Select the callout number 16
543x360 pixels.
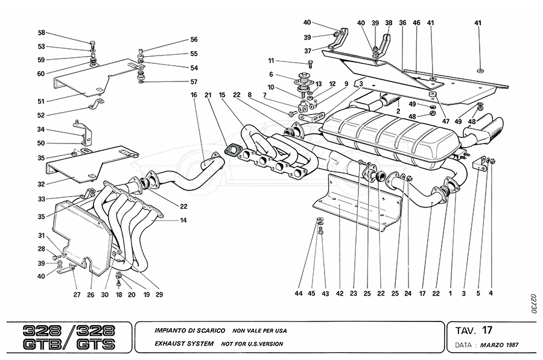194,95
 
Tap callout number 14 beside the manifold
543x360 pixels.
183,220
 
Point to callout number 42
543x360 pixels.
340,294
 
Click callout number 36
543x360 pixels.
402,23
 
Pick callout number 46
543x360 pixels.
416,23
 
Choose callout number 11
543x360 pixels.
271,60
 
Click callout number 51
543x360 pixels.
42,101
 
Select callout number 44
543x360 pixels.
297,294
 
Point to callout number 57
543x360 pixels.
194,81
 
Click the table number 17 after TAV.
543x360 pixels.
487,330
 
